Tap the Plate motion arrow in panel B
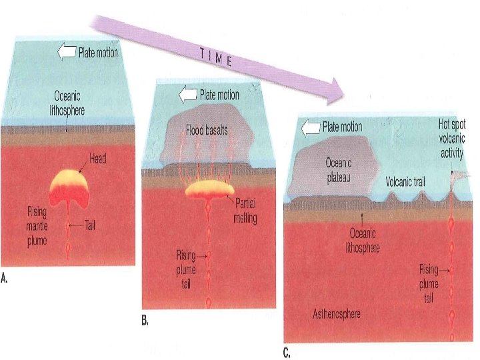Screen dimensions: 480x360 pyautogui.click(x=188, y=96)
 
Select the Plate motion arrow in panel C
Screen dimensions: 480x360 pyautogui.click(x=311, y=127)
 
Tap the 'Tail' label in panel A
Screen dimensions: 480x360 pyautogui.click(x=93, y=226)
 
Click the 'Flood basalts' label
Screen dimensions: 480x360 pyautogui.click(x=207, y=130)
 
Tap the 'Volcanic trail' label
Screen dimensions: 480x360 pyautogui.click(x=409, y=181)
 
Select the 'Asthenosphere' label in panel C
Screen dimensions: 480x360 pyautogui.click(x=337, y=313)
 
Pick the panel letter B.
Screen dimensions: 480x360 pyautogui.click(x=144, y=321)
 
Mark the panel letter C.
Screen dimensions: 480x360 pyautogui.click(x=287, y=354)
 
